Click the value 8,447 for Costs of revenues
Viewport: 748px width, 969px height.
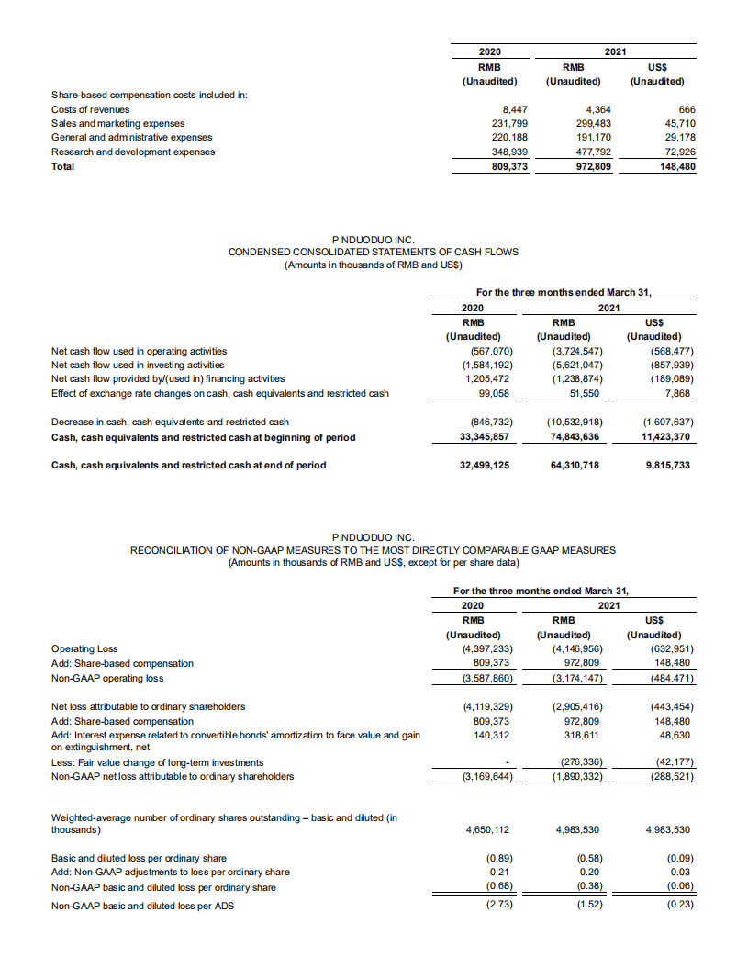(x=513, y=109)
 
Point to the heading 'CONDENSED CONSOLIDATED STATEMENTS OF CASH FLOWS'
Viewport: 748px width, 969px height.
(x=373, y=252)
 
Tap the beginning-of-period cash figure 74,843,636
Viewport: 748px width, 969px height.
(x=573, y=437)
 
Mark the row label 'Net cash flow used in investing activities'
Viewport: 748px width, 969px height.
(x=139, y=365)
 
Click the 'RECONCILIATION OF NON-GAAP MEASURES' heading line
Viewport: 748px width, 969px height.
(x=373, y=550)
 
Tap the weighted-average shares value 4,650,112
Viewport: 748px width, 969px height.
(x=488, y=830)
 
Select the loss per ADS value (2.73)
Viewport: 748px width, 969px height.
(x=497, y=905)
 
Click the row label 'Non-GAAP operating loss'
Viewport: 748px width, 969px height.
(x=107, y=678)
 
